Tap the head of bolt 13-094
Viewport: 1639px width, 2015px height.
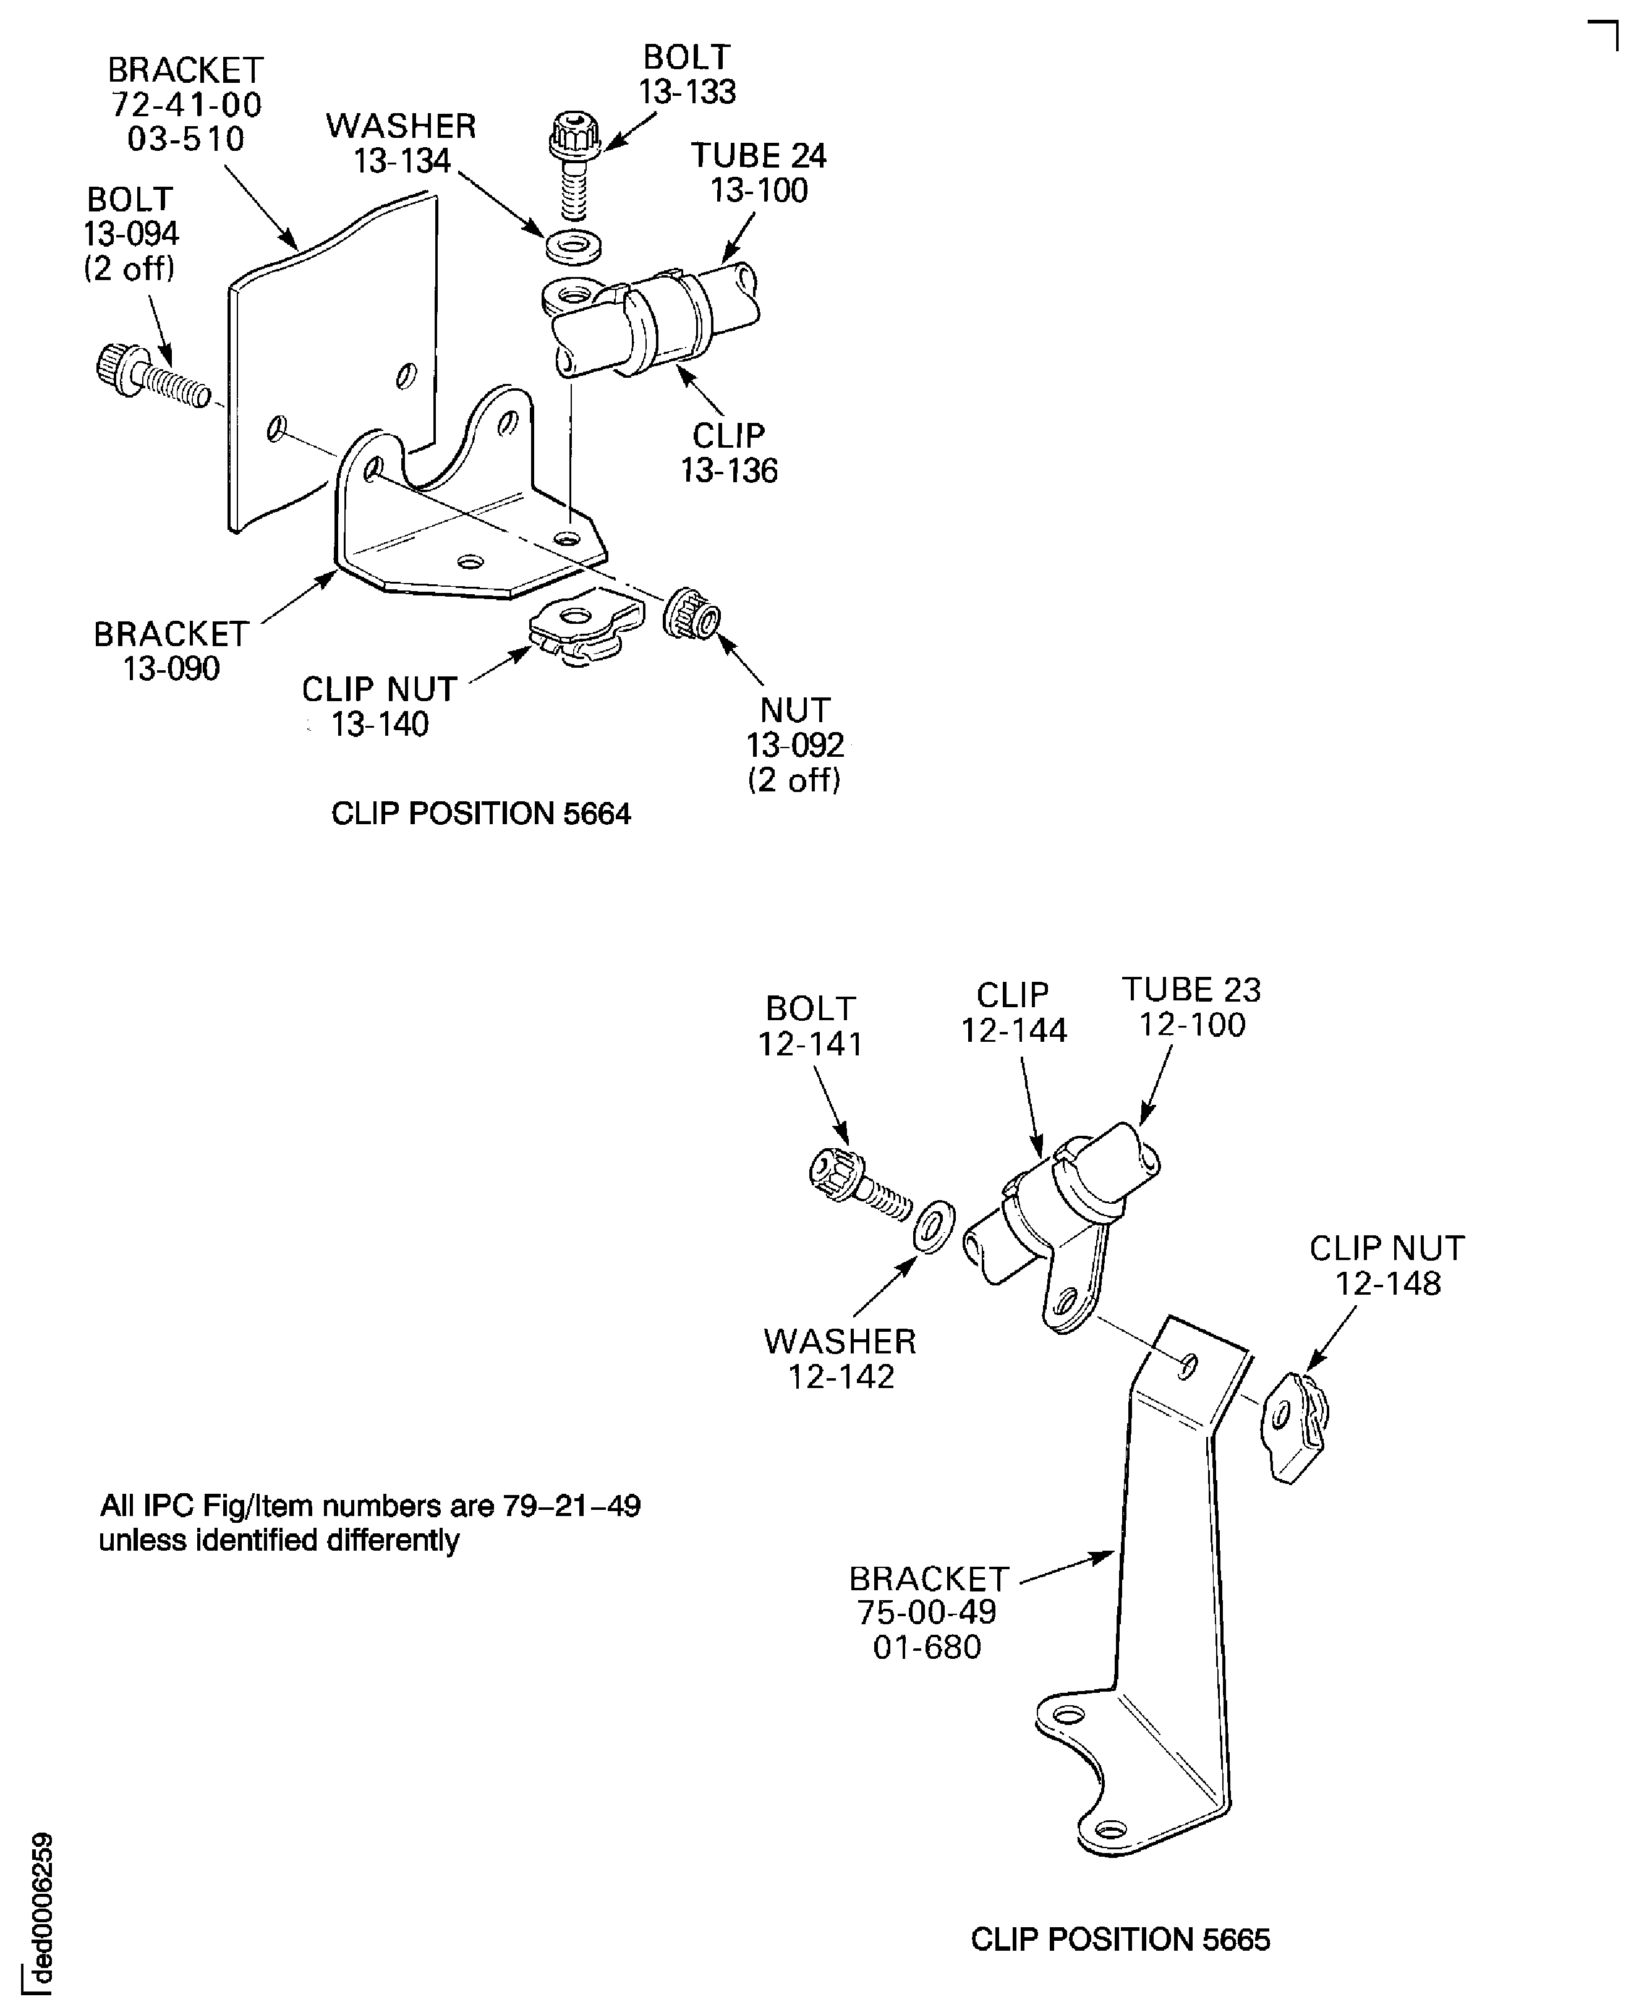point(114,364)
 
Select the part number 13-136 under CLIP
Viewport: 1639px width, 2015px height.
point(729,471)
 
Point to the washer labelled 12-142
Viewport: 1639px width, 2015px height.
point(934,1227)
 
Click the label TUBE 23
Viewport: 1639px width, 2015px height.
point(1191,989)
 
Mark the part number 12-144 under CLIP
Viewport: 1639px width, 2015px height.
point(1013,1030)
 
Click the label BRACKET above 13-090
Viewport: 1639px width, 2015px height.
point(171,634)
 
